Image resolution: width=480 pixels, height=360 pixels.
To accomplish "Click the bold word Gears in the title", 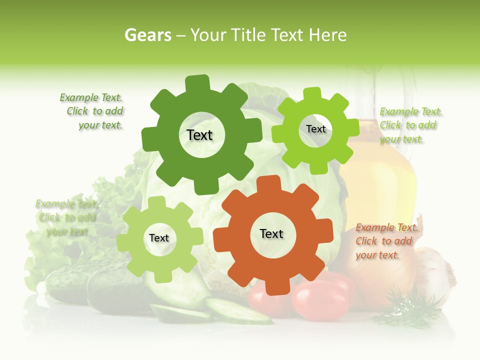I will point(147,35).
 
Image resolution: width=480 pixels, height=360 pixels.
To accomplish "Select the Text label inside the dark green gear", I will point(199,135).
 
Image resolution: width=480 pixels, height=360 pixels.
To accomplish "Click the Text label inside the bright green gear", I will point(315,129).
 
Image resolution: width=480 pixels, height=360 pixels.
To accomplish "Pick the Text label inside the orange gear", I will point(271,233).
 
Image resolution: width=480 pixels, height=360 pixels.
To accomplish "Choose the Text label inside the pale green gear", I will point(159,238).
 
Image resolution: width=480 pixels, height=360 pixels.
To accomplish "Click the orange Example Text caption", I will point(386,241).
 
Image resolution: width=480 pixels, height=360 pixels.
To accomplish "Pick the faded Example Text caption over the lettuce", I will point(66,218).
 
